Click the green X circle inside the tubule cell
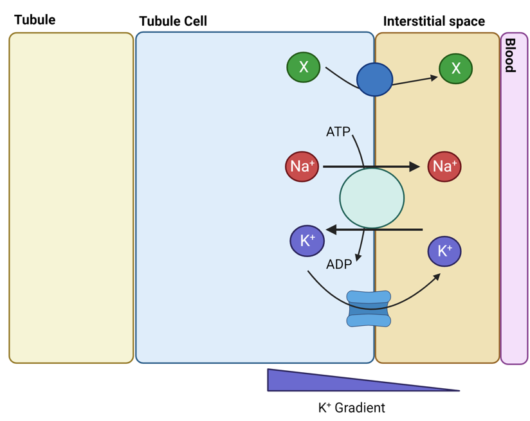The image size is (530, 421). (303, 67)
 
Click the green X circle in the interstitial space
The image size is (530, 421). (455, 69)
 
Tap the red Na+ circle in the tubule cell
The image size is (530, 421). (302, 166)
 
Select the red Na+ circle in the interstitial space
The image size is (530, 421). (444, 166)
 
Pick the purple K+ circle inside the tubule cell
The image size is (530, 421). (307, 241)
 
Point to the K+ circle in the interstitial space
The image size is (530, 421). (444, 251)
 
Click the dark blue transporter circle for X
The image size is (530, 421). (374, 80)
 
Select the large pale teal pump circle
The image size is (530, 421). (372, 199)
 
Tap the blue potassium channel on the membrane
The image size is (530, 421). (369, 309)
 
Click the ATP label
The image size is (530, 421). (338, 132)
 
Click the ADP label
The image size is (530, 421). (338, 264)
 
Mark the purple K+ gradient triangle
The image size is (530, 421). (322, 381)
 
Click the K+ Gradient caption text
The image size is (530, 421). (351, 408)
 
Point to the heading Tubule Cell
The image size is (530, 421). (173, 21)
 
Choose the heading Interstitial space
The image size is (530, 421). (434, 21)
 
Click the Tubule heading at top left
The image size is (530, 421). (35, 20)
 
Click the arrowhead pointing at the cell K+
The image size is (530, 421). (331, 229)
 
